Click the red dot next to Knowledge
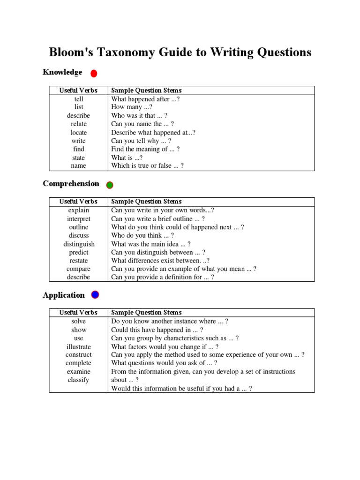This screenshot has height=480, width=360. (94, 73)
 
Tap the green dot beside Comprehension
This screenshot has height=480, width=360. (110, 185)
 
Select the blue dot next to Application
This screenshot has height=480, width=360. (95, 295)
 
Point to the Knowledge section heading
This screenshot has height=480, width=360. (62, 72)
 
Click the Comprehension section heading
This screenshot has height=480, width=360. (71, 184)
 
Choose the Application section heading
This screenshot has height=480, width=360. (64, 295)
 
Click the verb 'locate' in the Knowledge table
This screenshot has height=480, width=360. (79, 133)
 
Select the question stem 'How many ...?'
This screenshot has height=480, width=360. (132, 107)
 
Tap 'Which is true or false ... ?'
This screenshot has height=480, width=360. (147, 166)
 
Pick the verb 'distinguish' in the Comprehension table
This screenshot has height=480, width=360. (79, 244)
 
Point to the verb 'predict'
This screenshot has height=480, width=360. (79, 253)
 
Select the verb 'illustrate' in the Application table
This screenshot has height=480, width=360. (79, 347)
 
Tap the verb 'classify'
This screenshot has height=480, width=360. (79, 380)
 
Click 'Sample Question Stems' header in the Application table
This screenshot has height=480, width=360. (146, 313)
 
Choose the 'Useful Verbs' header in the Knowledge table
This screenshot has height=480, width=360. (78, 90)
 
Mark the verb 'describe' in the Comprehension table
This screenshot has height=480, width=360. (79, 277)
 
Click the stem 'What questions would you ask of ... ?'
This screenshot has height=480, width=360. (164, 363)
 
